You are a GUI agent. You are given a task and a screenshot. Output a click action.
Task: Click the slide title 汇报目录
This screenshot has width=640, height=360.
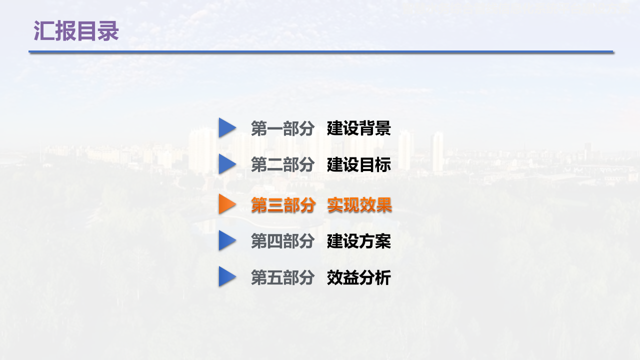click(x=76, y=31)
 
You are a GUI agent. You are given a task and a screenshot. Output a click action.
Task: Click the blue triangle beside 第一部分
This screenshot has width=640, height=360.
click(x=226, y=127)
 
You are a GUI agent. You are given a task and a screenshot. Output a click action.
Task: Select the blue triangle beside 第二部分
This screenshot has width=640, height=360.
click(x=226, y=164)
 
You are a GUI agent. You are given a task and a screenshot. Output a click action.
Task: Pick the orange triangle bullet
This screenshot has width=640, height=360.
click(x=226, y=204)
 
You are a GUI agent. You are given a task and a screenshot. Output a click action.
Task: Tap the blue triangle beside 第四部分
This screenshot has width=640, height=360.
click(x=226, y=241)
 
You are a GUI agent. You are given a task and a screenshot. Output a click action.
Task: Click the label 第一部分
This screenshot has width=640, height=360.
click(x=282, y=128)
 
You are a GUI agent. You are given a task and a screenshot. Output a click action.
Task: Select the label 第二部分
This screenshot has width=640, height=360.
click(x=282, y=165)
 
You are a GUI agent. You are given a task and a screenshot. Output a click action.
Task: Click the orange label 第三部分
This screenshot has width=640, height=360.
click(x=282, y=205)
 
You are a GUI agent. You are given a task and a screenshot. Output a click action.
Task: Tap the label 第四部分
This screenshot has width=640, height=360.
click(x=282, y=241)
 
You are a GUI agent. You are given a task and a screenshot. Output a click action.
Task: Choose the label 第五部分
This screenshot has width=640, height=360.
click(x=282, y=278)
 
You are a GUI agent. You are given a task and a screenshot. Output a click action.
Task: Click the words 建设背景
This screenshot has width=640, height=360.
click(x=359, y=128)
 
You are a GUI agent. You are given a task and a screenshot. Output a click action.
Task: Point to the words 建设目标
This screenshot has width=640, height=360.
click(x=359, y=165)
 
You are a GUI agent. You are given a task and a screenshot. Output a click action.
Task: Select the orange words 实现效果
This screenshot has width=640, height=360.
click(x=359, y=205)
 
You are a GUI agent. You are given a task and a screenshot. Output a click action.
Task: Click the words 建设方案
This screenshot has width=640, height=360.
click(x=359, y=241)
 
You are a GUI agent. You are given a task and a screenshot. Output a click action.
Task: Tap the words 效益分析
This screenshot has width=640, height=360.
click(x=359, y=278)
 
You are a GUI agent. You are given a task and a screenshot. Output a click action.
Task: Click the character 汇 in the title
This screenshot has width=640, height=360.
click(x=44, y=31)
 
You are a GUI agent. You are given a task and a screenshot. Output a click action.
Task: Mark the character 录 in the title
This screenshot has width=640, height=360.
click(x=108, y=31)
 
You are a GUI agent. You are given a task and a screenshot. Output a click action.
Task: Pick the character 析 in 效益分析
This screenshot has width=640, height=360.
click(x=383, y=278)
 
